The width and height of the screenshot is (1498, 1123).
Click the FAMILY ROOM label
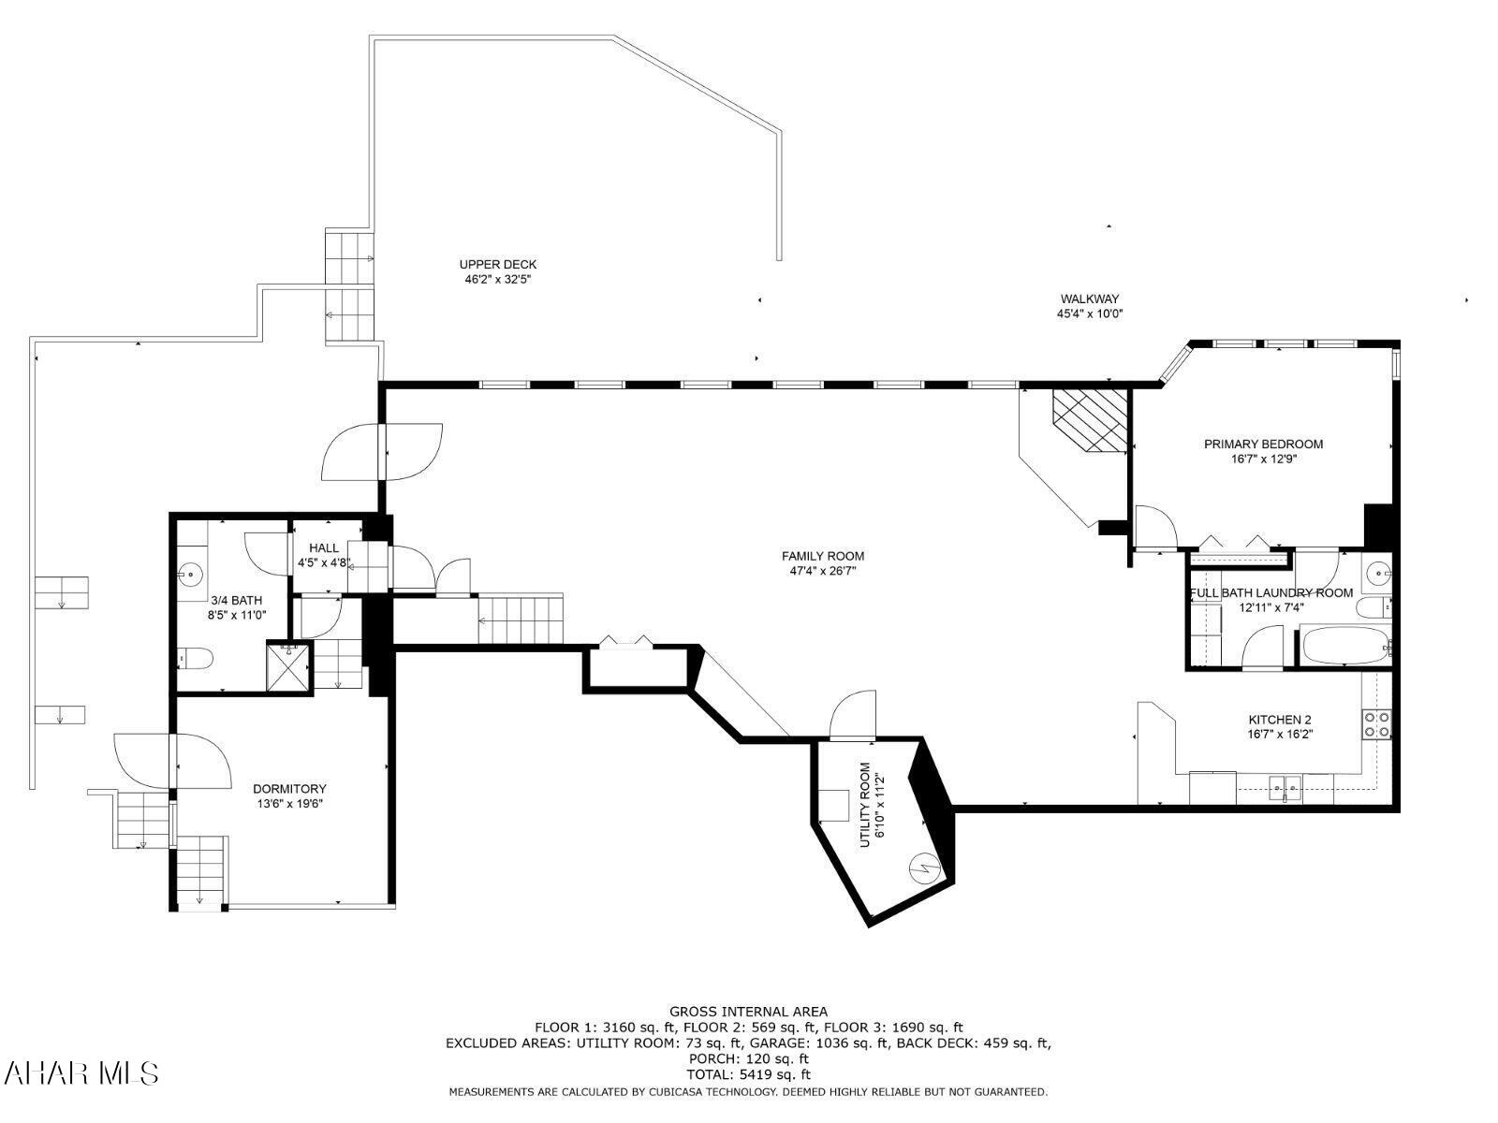(822, 556)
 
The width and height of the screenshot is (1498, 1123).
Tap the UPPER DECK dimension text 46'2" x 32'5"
(497, 279)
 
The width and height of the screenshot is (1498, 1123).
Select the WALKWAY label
(1089, 299)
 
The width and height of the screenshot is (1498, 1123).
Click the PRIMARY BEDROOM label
(1263, 444)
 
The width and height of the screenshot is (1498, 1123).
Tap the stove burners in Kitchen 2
(1376, 723)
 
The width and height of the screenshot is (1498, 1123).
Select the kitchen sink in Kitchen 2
(1285, 783)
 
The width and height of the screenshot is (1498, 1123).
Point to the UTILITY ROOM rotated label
(872, 805)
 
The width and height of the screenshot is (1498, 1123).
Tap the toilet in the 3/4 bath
(195, 659)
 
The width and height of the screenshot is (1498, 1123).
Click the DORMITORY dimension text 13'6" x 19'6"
(289, 803)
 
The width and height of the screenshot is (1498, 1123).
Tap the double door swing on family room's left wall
(382, 452)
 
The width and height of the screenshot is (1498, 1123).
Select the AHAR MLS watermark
(81, 1072)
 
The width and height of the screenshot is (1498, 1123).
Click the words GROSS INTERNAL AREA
(748, 1011)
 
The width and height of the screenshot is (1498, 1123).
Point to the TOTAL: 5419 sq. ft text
(748, 1074)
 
